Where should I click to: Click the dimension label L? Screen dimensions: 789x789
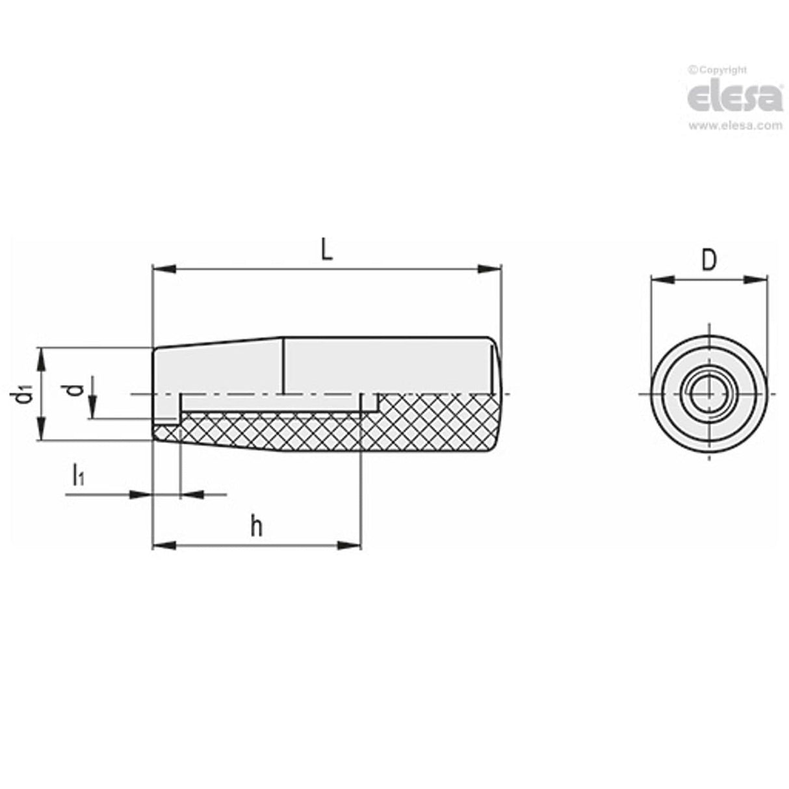point(327,250)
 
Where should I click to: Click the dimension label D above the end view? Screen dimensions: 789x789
point(709,261)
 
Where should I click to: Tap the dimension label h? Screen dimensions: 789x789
point(257,526)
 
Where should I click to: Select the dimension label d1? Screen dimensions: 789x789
point(24,394)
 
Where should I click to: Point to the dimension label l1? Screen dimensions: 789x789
point(77,475)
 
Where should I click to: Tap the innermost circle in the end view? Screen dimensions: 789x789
point(708,394)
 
